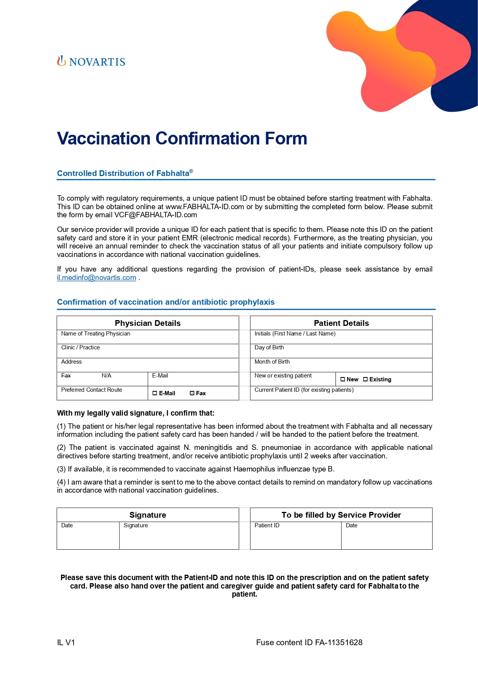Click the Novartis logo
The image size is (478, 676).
[91, 61]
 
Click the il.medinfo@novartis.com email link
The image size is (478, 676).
[96, 278]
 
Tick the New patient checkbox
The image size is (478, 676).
[342, 379]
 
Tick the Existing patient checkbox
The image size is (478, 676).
[365, 379]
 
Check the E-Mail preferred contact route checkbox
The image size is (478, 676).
[155, 393]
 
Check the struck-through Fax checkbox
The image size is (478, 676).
[192, 393]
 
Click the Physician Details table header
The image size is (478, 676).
[148, 323]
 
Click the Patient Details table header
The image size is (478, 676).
[341, 323]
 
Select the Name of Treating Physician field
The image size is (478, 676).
[148, 337]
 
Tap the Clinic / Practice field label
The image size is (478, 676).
[81, 347]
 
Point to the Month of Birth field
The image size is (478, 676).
[341, 365]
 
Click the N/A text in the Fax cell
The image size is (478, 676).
[106, 376]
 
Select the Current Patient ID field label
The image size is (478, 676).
[304, 390]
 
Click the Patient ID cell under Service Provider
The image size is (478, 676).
[295, 536]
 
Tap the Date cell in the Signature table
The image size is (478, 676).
[88, 536]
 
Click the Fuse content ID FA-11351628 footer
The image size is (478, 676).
[309, 642]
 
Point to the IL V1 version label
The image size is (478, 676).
[66, 642]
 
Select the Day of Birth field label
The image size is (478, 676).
[269, 347]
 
